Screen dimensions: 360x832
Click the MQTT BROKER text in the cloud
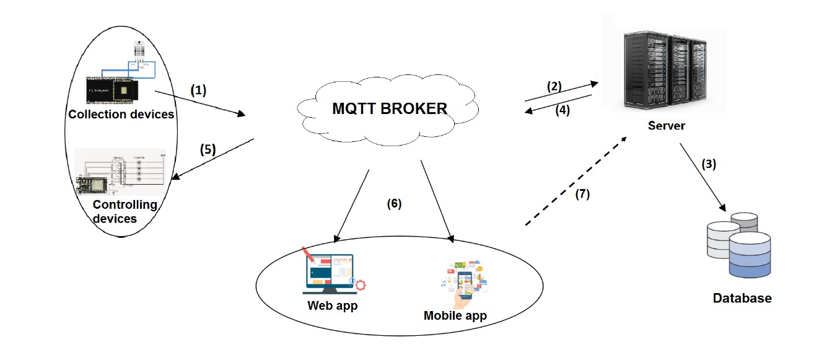coord(389,108)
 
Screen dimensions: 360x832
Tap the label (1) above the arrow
coord(198,90)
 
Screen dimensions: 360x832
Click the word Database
coord(742,299)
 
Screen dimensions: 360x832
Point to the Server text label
coord(667,126)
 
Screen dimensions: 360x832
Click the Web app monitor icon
coord(329,273)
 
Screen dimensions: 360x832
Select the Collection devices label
coord(121,114)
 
